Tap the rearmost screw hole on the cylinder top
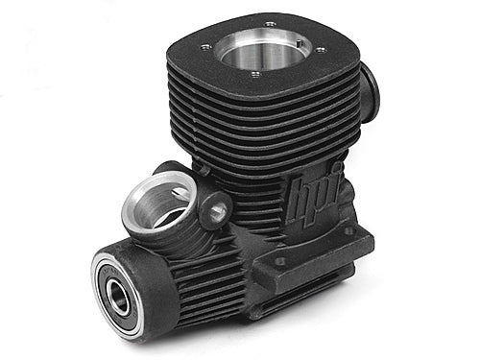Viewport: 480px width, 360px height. pyautogui.click(x=270, y=23)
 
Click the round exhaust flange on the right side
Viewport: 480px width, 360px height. pyautogui.click(x=370, y=91)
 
